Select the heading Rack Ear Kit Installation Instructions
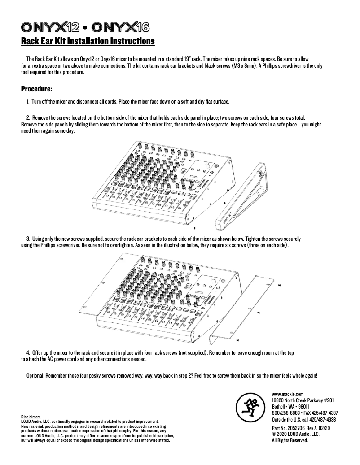pos(88,42)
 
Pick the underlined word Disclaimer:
pos(31,417)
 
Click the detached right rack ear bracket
pos(242,309)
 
